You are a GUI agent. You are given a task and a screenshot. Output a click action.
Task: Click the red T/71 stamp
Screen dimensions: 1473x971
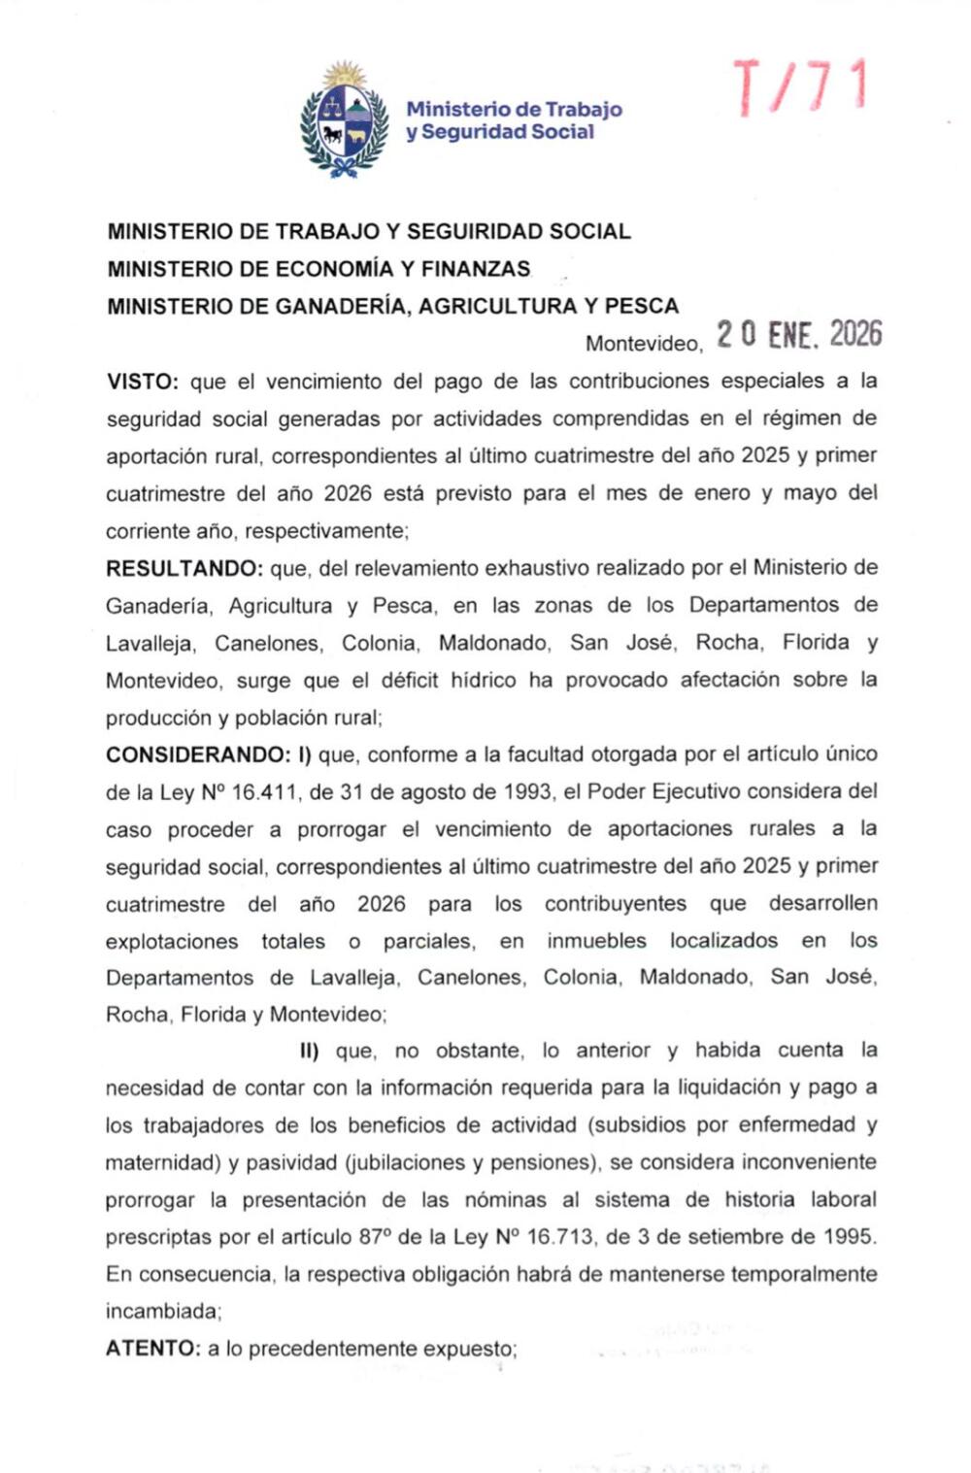pyautogui.click(x=798, y=86)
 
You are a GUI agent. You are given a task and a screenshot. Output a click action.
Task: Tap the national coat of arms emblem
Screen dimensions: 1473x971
pyautogui.click(x=345, y=121)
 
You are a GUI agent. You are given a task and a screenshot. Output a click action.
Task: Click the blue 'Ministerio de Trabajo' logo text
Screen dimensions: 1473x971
pyautogui.click(x=514, y=110)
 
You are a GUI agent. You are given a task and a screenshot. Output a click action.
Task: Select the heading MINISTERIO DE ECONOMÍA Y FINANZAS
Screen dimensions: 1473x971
pyautogui.click(x=318, y=269)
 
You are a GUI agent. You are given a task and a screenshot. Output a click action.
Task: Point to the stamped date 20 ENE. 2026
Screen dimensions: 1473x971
pyautogui.click(x=799, y=335)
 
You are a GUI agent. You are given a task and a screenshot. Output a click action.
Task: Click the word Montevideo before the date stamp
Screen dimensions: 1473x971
pyautogui.click(x=643, y=344)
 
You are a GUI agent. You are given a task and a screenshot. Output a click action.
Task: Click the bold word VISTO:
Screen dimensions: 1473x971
pyautogui.click(x=142, y=382)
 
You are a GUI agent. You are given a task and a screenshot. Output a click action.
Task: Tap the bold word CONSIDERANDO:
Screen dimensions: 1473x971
pyautogui.click(x=198, y=754)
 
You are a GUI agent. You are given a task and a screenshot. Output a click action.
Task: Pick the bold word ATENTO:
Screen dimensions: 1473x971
pyautogui.click(x=152, y=1349)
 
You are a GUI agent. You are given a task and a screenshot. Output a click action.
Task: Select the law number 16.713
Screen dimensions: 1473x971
pyautogui.click(x=559, y=1237)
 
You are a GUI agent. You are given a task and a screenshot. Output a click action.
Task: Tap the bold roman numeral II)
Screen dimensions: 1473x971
pyautogui.click(x=310, y=1051)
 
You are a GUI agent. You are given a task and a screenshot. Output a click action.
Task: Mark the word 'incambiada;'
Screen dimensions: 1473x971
pyautogui.click(x=163, y=1312)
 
